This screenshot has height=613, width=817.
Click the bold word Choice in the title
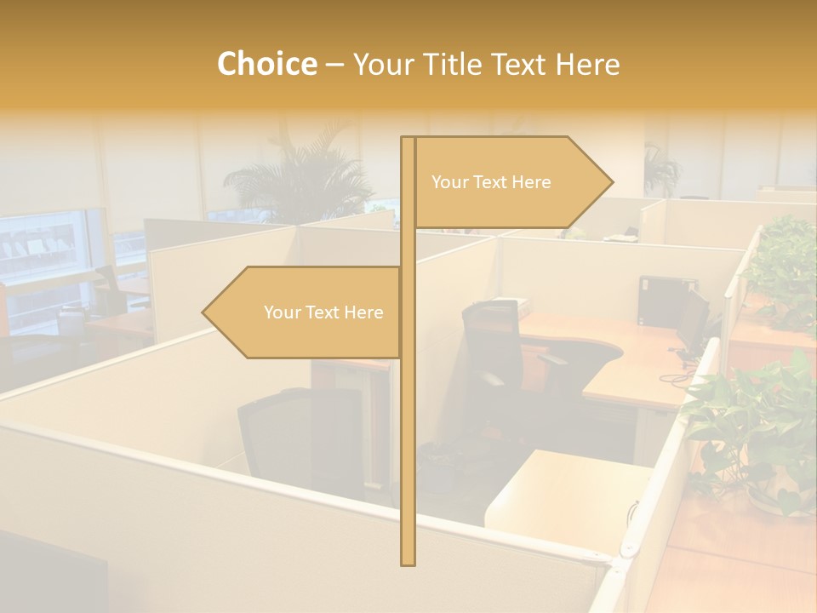click(266, 64)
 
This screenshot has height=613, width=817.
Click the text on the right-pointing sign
click(491, 182)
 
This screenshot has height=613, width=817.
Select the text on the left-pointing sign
click(323, 312)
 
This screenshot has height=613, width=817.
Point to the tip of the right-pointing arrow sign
click(611, 181)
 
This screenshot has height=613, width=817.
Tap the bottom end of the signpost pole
click(408, 562)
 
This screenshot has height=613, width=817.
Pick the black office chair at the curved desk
click(494, 349)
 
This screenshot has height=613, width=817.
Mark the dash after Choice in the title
click(334, 64)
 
